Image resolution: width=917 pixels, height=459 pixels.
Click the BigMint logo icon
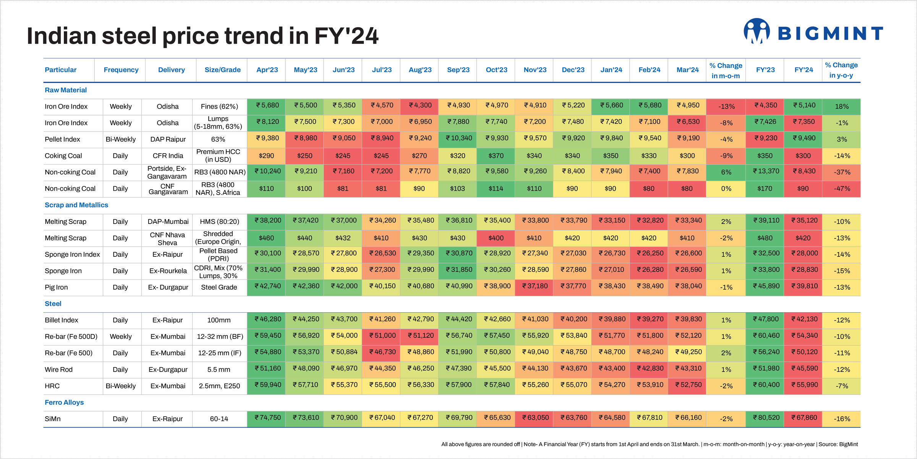click(x=757, y=31)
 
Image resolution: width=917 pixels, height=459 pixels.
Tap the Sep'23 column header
click(x=458, y=70)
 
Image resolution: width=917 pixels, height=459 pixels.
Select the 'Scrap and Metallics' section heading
click(x=76, y=205)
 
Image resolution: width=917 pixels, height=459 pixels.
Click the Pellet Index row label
click(x=62, y=139)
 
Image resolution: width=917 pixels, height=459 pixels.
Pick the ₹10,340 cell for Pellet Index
click(x=458, y=138)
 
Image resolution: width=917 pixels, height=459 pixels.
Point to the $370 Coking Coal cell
click(x=496, y=156)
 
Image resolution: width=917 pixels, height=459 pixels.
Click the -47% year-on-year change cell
click(x=842, y=189)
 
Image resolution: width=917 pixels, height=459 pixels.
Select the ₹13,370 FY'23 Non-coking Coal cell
click(x=765, y=171)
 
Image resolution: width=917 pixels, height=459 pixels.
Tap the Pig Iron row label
click(x=56, y=287)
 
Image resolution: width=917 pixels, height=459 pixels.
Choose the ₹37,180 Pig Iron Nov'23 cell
click(x=535, y=286)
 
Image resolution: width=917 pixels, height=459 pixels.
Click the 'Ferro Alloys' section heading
click(x=64, y=402)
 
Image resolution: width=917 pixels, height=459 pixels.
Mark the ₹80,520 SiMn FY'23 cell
click(x=765, y=418)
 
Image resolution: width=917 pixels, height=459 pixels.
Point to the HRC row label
click(x=52, y=386)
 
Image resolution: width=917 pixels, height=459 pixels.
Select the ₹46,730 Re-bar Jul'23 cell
click(x=381, y=352)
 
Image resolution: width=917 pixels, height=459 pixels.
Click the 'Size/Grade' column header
click(x=222, y=70)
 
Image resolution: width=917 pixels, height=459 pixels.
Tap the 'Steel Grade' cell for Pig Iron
click(x=219, y=287)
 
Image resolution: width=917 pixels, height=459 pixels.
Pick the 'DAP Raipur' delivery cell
click(x=168, y=139)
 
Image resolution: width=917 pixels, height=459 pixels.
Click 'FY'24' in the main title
click(x=346, y=36)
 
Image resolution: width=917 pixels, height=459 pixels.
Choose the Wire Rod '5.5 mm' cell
click(x=219, y=370)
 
